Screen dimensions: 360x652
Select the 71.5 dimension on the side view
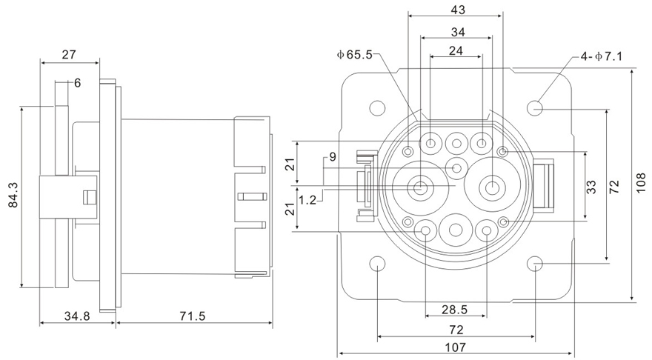pos(193,316)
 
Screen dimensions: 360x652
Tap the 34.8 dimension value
pos(76,316)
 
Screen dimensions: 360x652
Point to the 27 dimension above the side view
pos(69,54)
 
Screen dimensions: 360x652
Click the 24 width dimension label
pos(456,51)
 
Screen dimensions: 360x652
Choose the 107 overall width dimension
pos(456,347)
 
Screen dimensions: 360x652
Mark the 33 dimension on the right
pos(591,187)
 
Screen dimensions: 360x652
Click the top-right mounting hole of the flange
pos(536,108)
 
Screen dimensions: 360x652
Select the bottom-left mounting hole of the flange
pos(377,264)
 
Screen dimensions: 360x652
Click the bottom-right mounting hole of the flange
pos(536,264)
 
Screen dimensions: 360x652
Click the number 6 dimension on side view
pos(77,83)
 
